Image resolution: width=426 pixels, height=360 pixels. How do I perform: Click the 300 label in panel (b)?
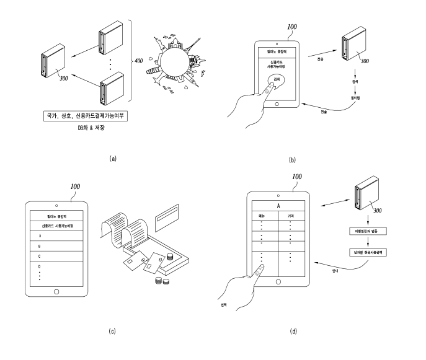[366, 61]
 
